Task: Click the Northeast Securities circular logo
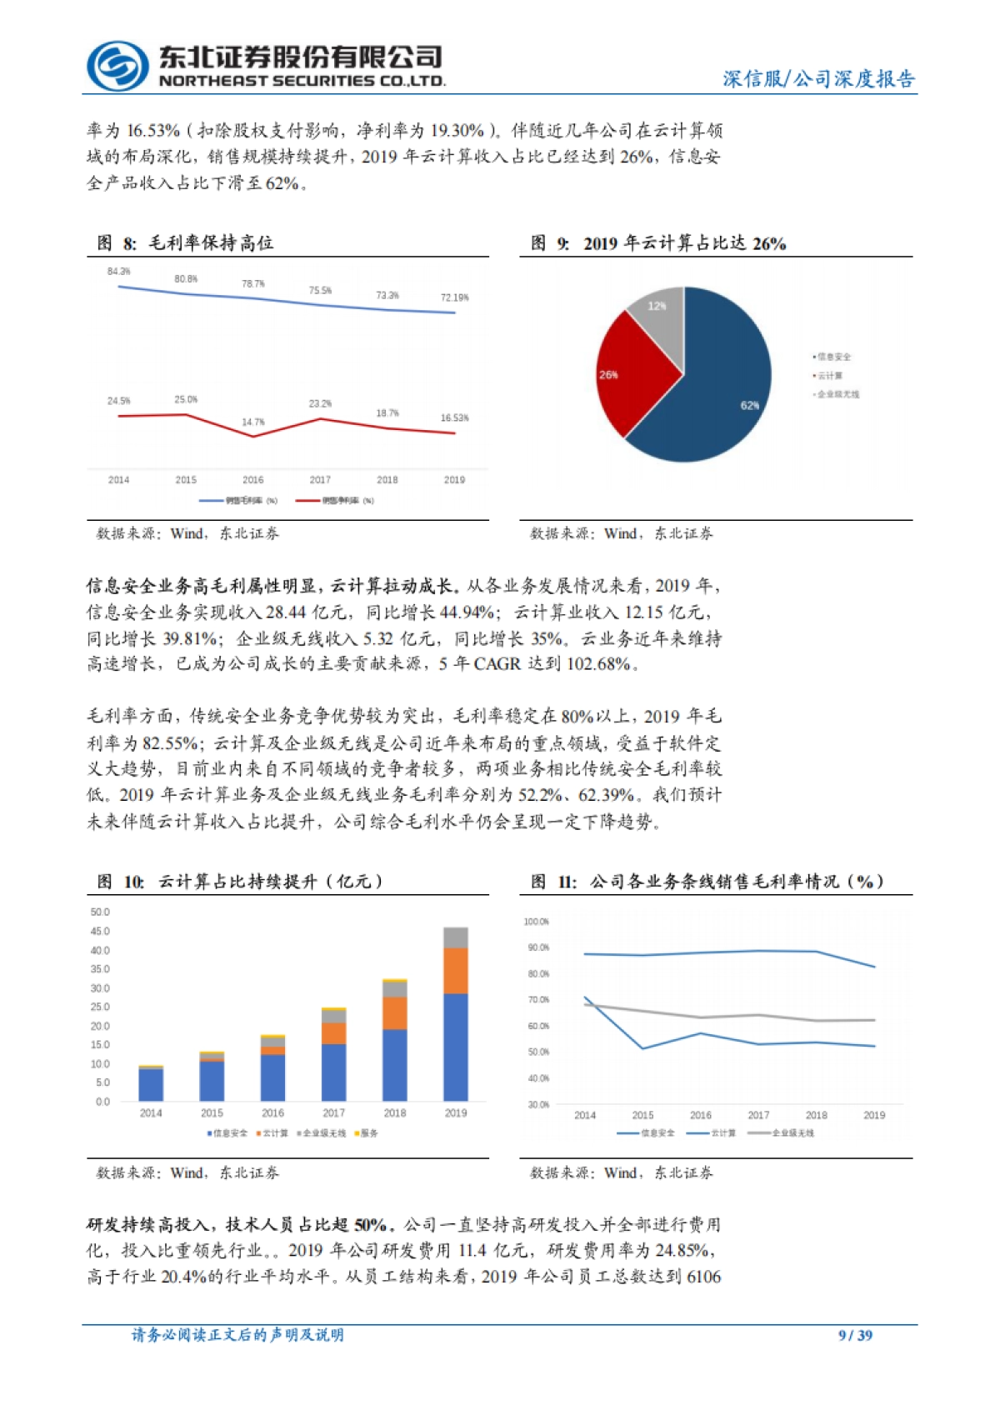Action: click(118, 66)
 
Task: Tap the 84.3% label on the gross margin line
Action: click(119, 272)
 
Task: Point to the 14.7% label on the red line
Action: click(253, 422)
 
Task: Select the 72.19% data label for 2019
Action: click(454, 297)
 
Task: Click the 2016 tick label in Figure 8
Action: click(253, 480)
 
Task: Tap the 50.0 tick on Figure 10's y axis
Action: click(100, 912)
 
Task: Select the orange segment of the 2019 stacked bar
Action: click(455, 971)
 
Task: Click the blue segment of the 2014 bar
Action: click(151, 1084)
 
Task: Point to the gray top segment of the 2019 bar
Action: click(455, 937)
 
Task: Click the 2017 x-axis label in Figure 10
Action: click(333, 1113)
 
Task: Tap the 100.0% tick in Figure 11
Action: click(537, 922)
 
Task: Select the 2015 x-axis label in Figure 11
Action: click(642, 1115)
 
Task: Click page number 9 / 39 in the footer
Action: click(855, 1335)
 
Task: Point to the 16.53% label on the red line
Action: click(454, 418)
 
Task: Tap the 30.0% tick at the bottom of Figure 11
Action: click(538, 1105)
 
